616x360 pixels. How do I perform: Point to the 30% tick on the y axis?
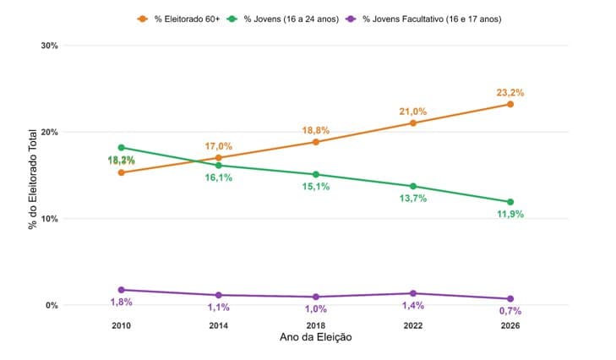point(49,46)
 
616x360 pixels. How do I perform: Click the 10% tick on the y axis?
point(49,219)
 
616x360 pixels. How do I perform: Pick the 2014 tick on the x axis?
point(218,326)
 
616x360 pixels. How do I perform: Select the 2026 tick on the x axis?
point(510,326)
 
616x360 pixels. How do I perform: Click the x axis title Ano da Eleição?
point(315,338)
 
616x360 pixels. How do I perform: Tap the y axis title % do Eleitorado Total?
point(33,179)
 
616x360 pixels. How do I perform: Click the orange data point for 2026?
point(510,104)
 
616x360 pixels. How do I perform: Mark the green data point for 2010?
point(122,147)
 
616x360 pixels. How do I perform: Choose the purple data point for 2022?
point(413,293)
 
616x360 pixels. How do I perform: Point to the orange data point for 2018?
point(316,142)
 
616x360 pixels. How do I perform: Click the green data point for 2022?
point(413,186)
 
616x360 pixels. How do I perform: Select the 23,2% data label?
point(510,92)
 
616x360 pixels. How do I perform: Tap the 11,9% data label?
point(510,214)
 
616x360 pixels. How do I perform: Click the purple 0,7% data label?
point(510,311)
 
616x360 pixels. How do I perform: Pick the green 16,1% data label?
point(218,178)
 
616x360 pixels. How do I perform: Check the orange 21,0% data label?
point(412,112)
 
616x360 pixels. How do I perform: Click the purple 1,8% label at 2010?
point(122,302)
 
